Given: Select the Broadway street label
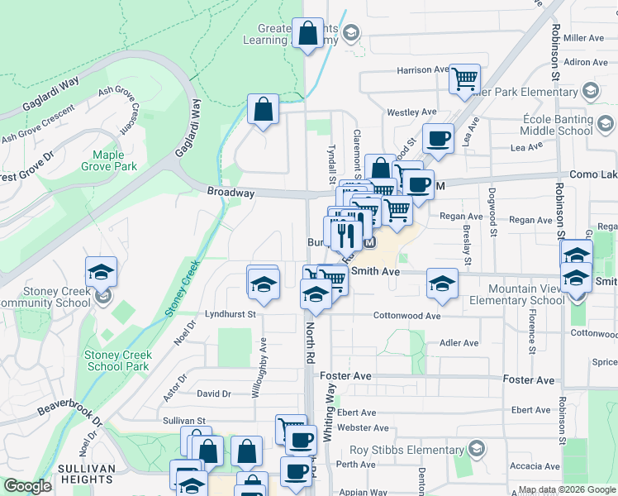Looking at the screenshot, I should (231, 193).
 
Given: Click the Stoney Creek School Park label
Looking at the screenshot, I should (117, 360).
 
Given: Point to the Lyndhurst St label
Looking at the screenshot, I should (231, 314).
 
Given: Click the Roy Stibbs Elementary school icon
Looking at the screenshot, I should (476, 450).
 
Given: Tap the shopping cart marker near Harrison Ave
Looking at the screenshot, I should (465, 79).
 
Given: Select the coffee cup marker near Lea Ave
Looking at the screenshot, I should (438, 138).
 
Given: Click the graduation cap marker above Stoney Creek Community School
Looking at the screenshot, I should (101, 271).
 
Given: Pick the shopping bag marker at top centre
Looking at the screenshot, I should (308, 35).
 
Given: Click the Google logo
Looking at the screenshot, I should (27, 487).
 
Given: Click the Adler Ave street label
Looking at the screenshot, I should (459, 342).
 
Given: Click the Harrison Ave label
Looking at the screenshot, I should (422, 70).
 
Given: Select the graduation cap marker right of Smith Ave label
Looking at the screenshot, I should (442, 284).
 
